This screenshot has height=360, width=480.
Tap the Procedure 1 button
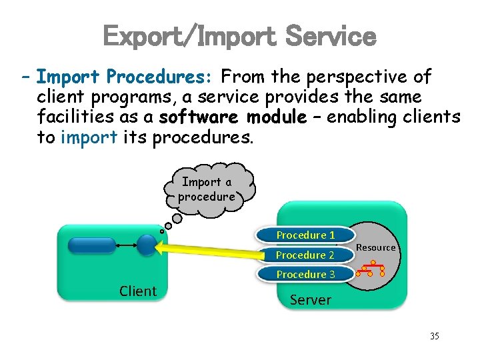[305, 235]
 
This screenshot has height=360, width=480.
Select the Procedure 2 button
[305, 255]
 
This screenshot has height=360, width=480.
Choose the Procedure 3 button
[305, 274]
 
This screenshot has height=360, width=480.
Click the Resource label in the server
[376, 247]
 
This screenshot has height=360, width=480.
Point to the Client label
[138, 291]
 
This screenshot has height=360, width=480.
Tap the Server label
[310, 300]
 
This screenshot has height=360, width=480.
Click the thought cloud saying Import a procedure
[207, 189]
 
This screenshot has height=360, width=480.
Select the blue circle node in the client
[147, 246]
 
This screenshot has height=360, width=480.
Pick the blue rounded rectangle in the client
[92, 246]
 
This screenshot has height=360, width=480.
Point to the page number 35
[435, 336]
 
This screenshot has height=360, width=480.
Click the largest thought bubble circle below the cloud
[178, 217]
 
